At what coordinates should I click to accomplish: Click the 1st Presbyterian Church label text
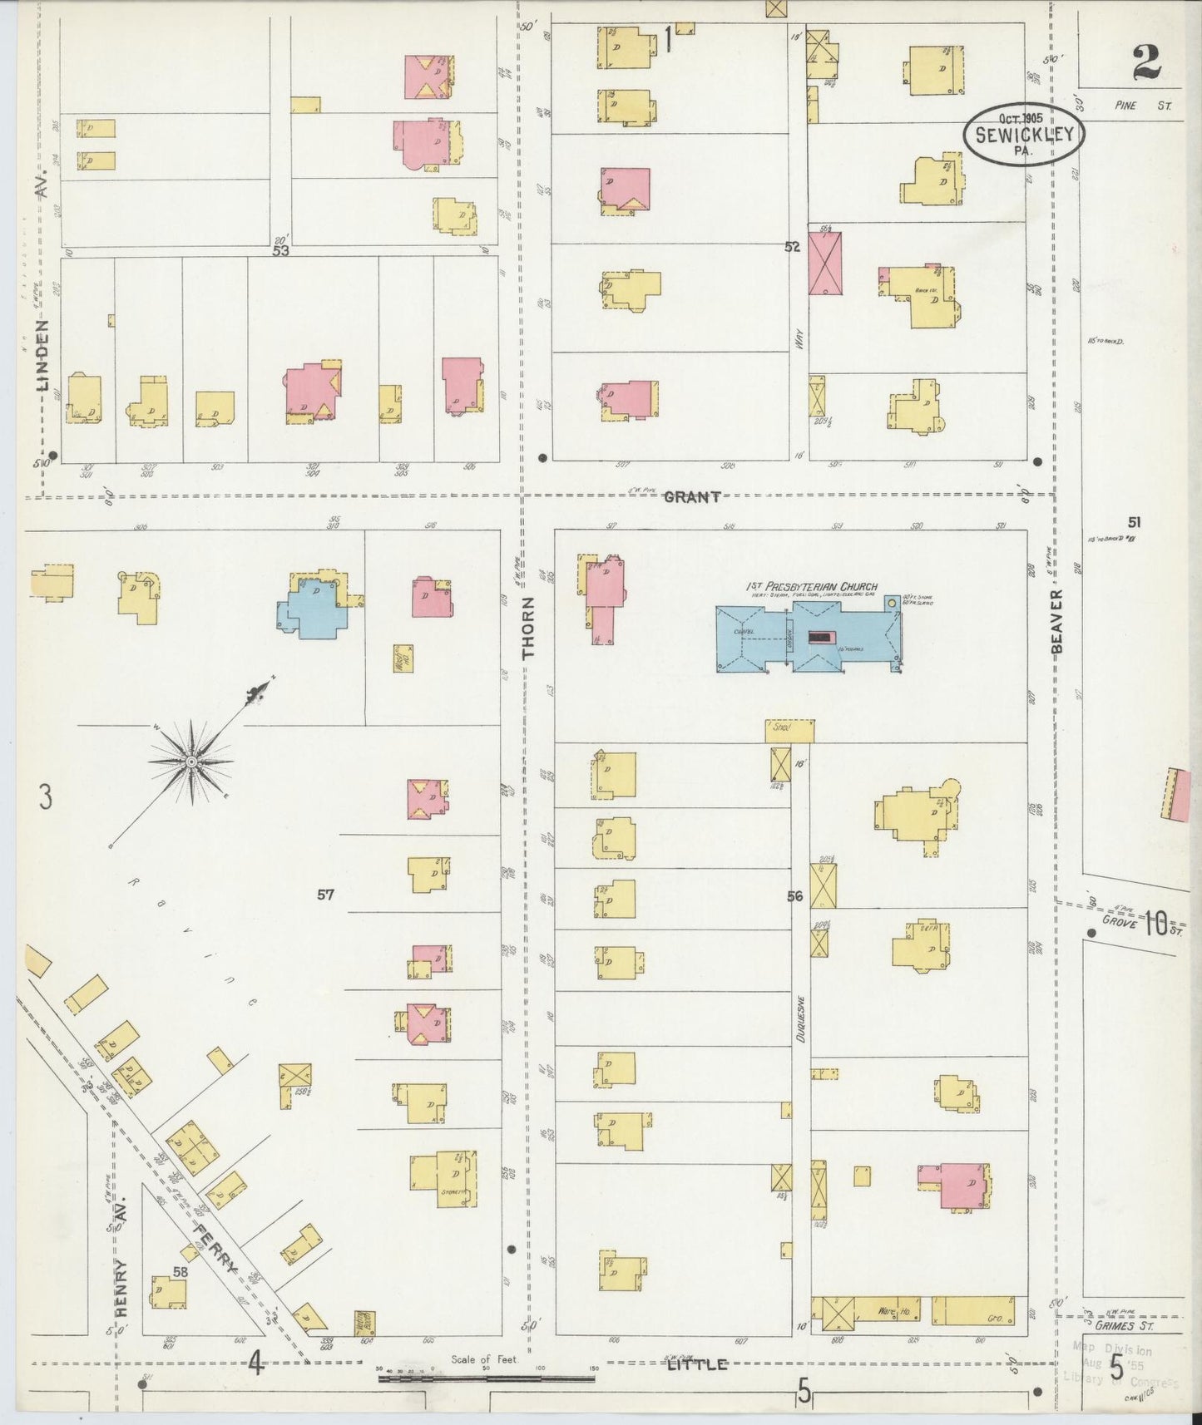click(811, 587)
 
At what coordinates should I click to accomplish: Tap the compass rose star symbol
click(191, 761)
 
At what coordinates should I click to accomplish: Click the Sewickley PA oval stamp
click(1024, 134)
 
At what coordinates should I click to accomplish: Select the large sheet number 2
click(1149, 61)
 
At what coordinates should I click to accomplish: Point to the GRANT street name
click(692, 496)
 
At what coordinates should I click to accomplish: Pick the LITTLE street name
click(697, 1364)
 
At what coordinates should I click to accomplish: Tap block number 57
click(324, 895)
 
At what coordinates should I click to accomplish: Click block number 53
click(279, 249)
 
